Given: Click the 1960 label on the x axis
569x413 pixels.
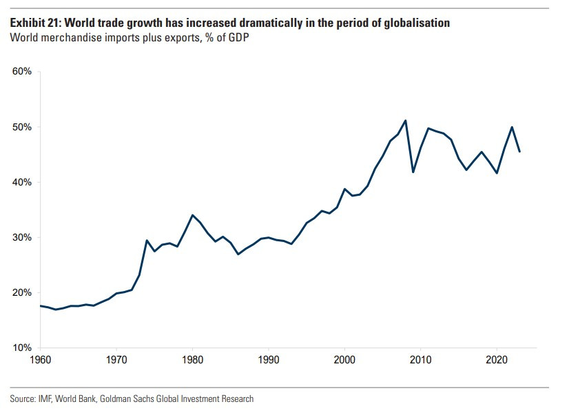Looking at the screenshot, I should pos(41,359).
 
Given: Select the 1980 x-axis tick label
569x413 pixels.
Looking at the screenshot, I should pos(193,359).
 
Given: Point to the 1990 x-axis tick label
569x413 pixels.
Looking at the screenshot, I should pos(269,359).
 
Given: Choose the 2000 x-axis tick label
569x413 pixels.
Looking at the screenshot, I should pos(344,359).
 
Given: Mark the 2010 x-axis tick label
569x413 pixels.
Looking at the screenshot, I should pos(420,359).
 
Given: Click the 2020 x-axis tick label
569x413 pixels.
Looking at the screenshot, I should pos(496,359).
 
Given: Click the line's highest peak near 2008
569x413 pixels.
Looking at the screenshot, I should pos(405,121).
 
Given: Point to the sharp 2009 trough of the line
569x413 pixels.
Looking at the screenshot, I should pos(413,172).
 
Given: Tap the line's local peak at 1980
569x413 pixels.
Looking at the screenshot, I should pos(193,215).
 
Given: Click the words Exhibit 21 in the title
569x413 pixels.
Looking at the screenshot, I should pos(34,23).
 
